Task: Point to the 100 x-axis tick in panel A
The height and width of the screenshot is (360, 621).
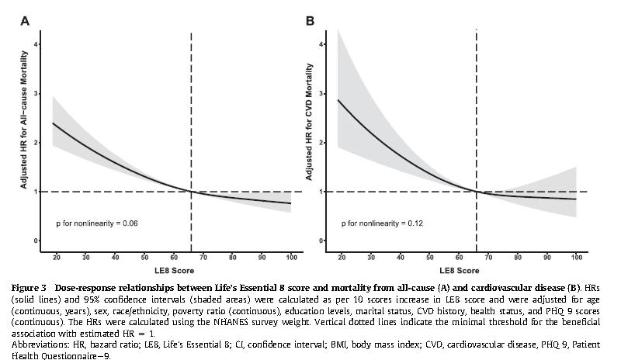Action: (291, 255)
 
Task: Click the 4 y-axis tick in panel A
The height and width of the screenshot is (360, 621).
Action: (36, 45)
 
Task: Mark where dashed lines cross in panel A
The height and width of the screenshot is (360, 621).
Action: (191, 192)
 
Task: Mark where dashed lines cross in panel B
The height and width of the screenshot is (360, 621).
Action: (476, 192)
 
